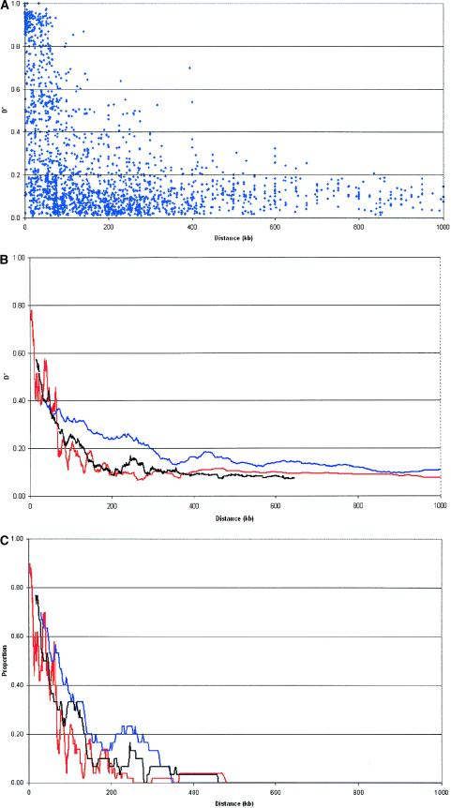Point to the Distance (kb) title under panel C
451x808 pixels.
click(x=233, y=801)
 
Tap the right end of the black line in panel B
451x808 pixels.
click(x=294, y=478)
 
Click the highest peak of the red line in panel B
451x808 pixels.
click(x=32, y=310)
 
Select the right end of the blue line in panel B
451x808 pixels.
click(x=441, y=470)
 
